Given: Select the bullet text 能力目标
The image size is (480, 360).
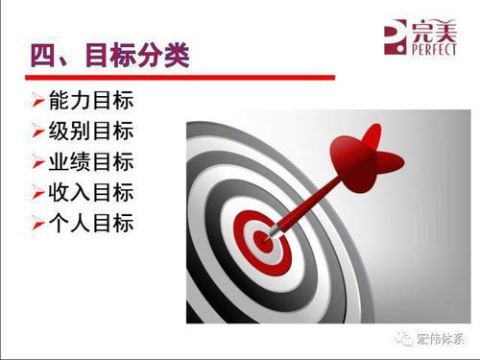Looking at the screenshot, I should (90, 101).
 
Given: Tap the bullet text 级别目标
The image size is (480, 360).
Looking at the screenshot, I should (90, 132).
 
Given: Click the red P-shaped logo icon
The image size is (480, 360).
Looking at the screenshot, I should (394, 36).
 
